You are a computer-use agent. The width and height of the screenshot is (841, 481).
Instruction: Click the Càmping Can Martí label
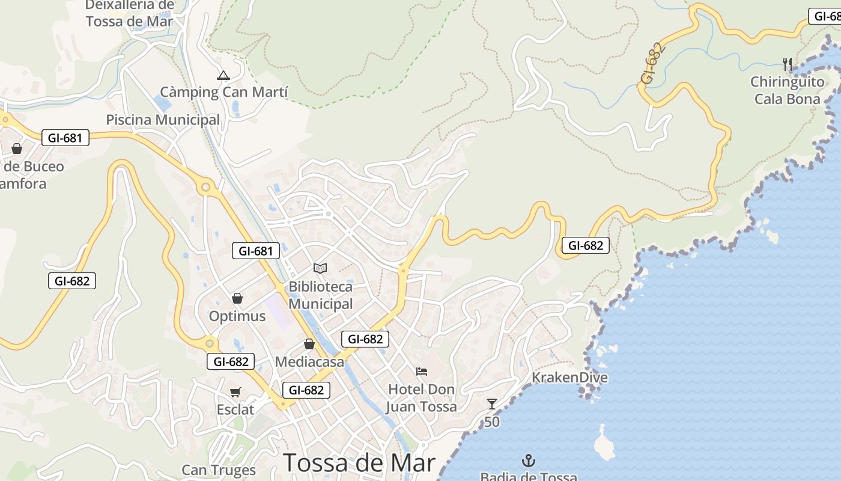pos(223,92)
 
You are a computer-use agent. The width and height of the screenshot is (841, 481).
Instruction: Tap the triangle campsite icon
pos(223,76)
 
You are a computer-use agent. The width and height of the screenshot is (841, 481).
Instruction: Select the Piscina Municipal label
pos(163,120)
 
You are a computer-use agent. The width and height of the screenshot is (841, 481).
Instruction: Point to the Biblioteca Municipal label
pos(320,295)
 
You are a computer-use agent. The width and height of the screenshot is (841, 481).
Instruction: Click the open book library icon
pos(320,268)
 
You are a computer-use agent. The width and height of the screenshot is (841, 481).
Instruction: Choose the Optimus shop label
pos(237,316)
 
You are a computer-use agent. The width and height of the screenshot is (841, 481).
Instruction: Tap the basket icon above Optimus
pos(237,298)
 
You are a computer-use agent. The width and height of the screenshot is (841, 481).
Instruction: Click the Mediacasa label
pos(309,362)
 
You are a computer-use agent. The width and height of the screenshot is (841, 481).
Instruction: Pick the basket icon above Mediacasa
pos(309,344)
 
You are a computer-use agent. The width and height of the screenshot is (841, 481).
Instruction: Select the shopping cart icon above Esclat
pos(235,392)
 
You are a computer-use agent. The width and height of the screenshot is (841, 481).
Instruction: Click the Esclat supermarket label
pos(235,410)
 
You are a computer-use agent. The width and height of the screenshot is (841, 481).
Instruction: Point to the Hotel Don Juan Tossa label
pos(421,398)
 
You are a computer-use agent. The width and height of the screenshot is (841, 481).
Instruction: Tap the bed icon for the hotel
pos(422,372)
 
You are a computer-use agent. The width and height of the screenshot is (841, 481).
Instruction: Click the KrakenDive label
pos(569,378)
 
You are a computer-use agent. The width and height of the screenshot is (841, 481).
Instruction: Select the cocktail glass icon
pos(492,403)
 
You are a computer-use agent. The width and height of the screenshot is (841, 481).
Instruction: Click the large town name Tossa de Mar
pos(359,463)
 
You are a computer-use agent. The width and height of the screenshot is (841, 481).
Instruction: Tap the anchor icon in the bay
pos(529,461)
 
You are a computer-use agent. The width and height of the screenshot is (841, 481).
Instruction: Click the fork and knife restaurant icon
pos(788,64)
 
